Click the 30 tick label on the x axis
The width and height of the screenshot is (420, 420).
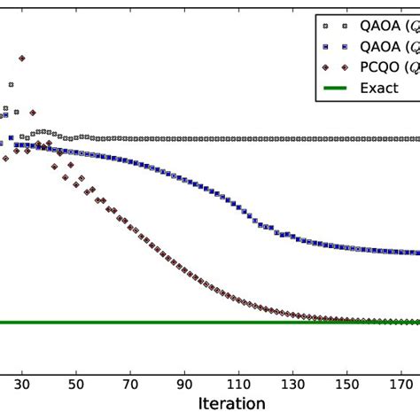(22, 385)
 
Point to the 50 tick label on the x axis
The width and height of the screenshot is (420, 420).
(76, 385)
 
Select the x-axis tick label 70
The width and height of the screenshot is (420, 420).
(130, 385)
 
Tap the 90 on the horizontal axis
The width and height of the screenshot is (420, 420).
(184, 385)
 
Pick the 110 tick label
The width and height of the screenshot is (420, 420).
(238, 385)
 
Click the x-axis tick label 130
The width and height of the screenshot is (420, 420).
(292, 385)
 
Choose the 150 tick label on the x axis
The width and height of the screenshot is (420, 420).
(346, 385)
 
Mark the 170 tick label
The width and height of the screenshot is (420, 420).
(401, 385)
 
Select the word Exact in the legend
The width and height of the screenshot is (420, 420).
(378, 88)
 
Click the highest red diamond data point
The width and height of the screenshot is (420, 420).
(22, 58)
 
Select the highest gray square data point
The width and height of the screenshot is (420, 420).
(11, 84)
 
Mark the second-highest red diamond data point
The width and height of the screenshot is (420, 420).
(33, 113)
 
